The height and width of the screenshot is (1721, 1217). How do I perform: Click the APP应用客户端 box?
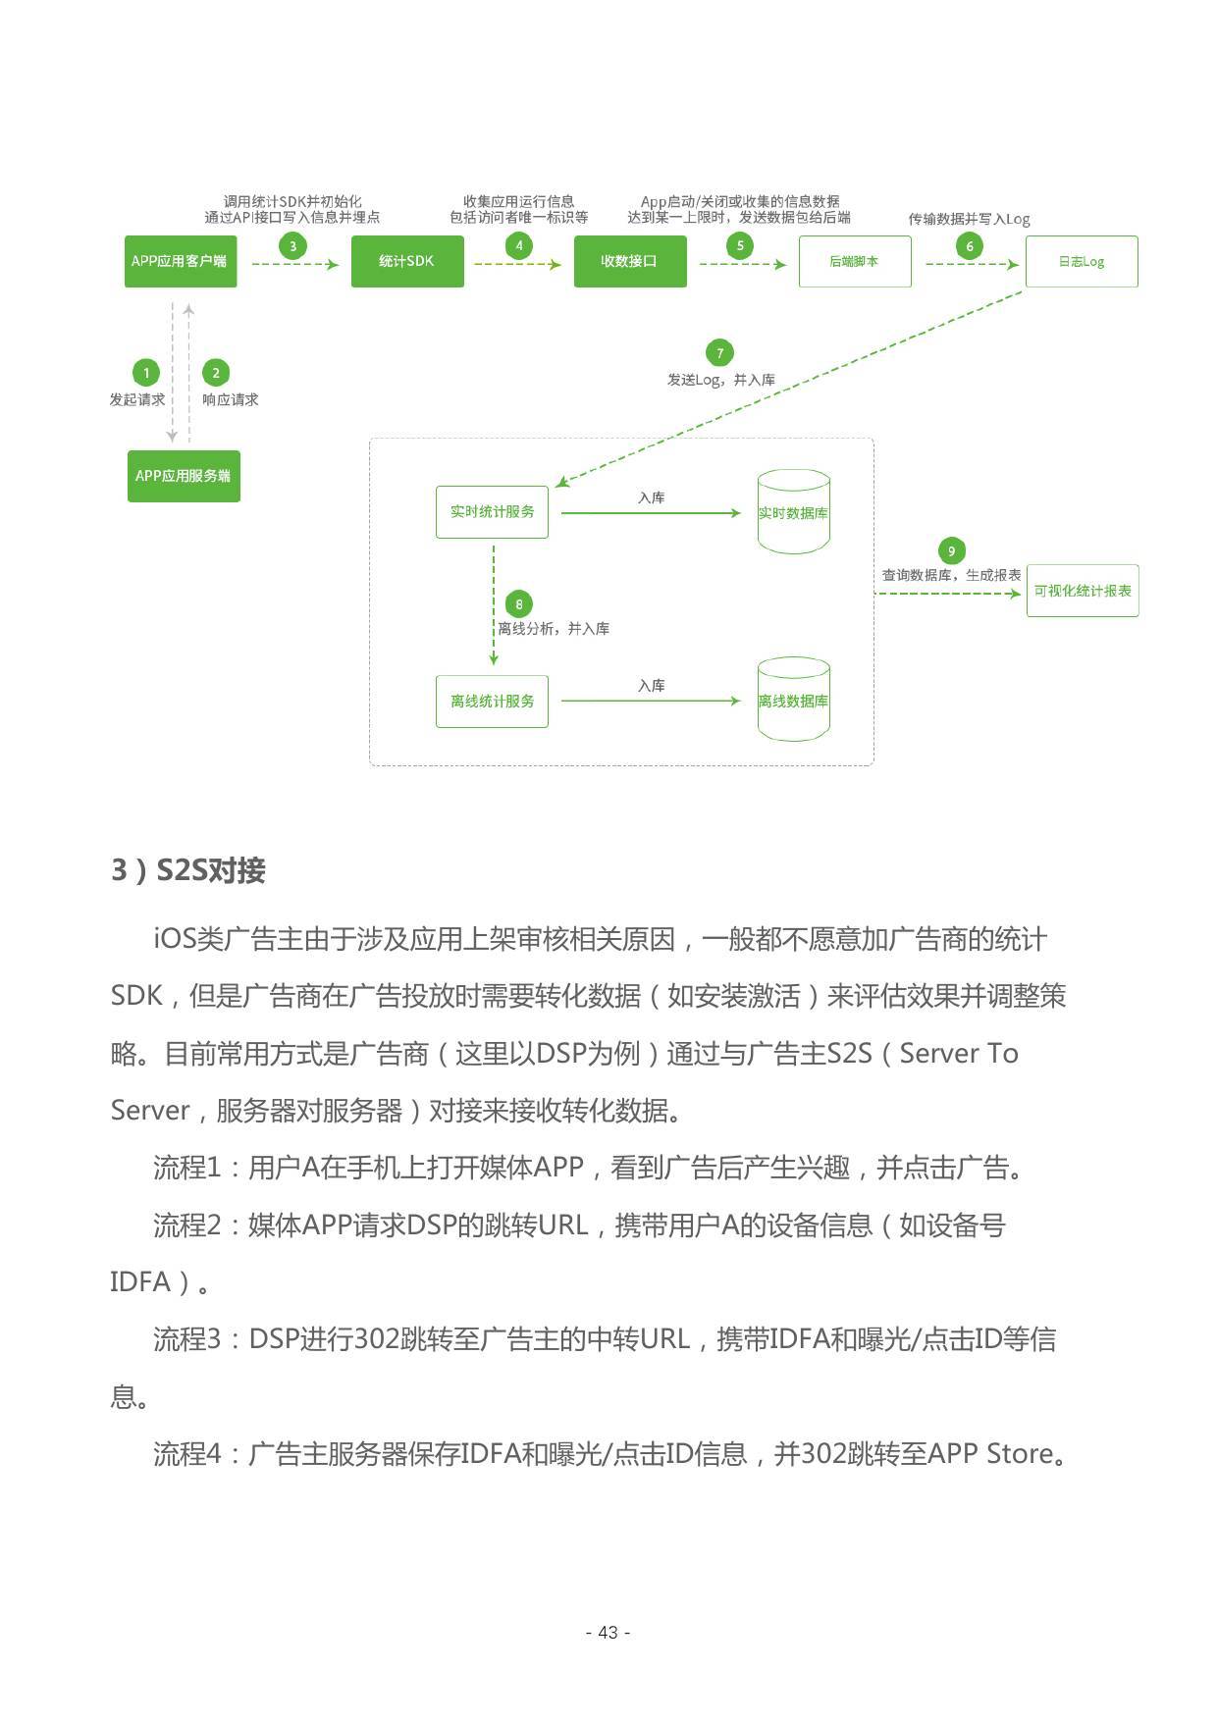(x=180, y=261)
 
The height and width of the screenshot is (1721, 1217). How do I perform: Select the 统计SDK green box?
(x=407, y=261)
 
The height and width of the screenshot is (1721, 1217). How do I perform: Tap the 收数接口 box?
(x=629, y=261)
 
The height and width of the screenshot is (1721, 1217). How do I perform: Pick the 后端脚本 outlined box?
(x=854, y=261)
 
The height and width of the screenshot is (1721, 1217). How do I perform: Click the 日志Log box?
(x=1081, y=261)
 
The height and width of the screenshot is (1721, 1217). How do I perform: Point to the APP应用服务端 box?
(x=184, y=476)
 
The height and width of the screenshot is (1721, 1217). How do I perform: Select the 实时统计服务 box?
(x=492, y=511)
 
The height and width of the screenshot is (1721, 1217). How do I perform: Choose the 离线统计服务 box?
(x=492, y=701)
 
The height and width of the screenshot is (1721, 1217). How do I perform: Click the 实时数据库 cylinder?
(x=793, y=512)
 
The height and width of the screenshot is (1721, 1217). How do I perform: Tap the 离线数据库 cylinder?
(x=793, y=700)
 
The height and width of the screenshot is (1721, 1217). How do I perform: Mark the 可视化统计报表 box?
(x=1082, y=591)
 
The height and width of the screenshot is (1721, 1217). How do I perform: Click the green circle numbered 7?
(x=719, y=352)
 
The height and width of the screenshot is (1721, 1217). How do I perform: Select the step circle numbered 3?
(x=292, y=245)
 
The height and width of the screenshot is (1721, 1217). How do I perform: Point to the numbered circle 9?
(x=950, y=550)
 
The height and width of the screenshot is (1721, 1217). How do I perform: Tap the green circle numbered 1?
(x=146, y=373)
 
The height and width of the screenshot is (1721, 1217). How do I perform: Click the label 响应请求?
(x=231, y=399)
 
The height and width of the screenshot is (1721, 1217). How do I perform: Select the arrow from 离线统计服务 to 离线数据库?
(x=650, y=701)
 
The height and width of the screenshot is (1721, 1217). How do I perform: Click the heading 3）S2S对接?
(x=188, y=870)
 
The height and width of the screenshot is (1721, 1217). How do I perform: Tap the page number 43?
(x=608, y=1632)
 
